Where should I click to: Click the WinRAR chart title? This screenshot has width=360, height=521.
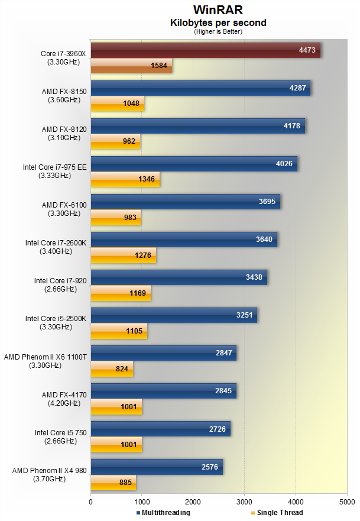[x=218, y=10]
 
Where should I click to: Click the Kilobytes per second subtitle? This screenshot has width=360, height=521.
[x=218, y=23]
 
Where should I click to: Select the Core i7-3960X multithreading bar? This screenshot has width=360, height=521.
[x=205, y=50]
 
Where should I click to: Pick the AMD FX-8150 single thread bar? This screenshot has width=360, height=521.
[x=117, y=104]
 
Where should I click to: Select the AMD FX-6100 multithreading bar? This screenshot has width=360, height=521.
[x=185, y=202]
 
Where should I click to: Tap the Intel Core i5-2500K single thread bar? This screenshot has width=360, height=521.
[x=119, y=331]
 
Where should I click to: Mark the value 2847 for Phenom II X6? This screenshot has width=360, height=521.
[x=226, y=353]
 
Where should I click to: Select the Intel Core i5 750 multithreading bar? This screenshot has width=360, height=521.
[x=160, y=429]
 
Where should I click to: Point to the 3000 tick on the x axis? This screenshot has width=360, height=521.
[x=245, y=501]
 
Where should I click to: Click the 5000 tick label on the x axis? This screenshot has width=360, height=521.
[x=347, y=501]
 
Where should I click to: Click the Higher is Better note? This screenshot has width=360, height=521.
[x=218, y=32]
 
